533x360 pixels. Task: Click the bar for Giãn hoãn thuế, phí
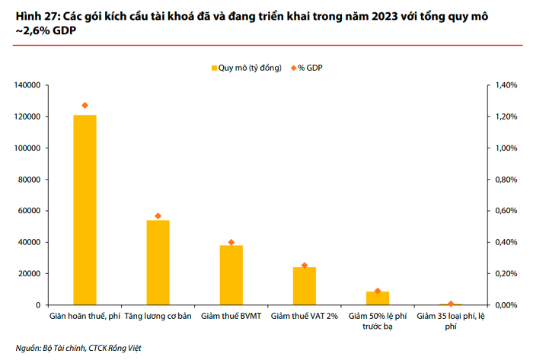coord(85,210)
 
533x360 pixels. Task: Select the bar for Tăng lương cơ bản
coord(158,263)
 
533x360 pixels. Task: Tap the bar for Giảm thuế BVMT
coord(231,275)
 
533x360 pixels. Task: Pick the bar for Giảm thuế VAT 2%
coord(304,286)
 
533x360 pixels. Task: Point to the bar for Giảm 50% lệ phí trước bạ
coord(378,298)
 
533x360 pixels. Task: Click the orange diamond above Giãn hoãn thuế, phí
coord(85,105)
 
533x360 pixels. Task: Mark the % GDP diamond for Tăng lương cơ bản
coord(158,216)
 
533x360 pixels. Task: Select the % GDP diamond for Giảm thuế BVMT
coord(231,242)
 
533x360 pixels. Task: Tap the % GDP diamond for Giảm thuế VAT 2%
coord(304,266)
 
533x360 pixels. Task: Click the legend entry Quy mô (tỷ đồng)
coord(246,68)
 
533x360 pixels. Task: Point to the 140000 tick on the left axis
coord(26,85)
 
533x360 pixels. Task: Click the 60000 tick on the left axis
coord(28,211)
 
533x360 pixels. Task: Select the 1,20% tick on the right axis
coord(506,116)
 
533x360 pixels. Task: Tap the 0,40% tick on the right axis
coord(506,242)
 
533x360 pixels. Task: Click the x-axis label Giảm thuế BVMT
coord(231,315)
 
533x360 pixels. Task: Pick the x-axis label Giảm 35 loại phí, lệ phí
coord(451,320)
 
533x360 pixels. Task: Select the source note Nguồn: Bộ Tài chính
coord(50,348)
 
